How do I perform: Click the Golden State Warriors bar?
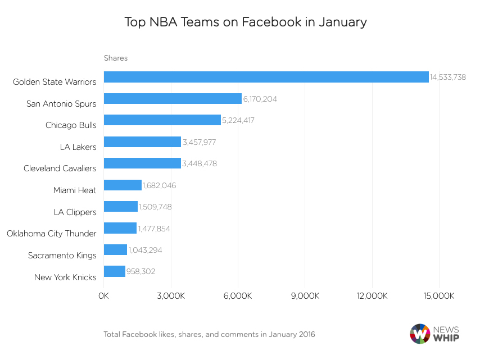pos(266,77)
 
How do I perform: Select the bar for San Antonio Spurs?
pos(173,99)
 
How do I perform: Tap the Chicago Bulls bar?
pos(162,120)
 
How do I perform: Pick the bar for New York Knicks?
pos(115,271)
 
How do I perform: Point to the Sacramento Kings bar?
pos(115,250)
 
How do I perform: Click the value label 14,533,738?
pos(448,78)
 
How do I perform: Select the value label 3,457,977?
pos(199,142)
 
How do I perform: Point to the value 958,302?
pos(141,272)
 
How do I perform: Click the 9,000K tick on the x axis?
pos(305,296)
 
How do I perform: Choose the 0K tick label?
pos(104,296)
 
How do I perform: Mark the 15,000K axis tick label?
pos(439,296)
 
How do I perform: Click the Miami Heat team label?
pos(75,190)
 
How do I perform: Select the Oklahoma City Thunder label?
pos(51,234)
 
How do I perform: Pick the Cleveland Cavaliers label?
pos(60,168)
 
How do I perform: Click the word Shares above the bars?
pos(116,58)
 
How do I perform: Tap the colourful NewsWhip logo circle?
pos(420,334)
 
